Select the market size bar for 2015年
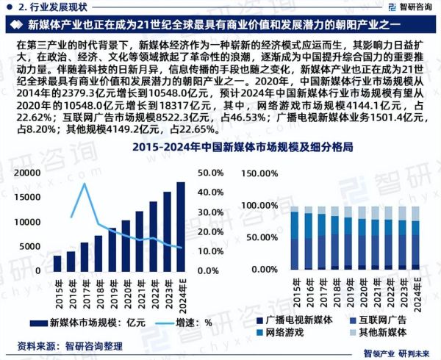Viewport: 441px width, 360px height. coord(57,262)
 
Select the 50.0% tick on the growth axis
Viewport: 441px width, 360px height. coord(211,173)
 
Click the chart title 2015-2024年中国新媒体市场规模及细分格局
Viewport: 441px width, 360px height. coord(220,147)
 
